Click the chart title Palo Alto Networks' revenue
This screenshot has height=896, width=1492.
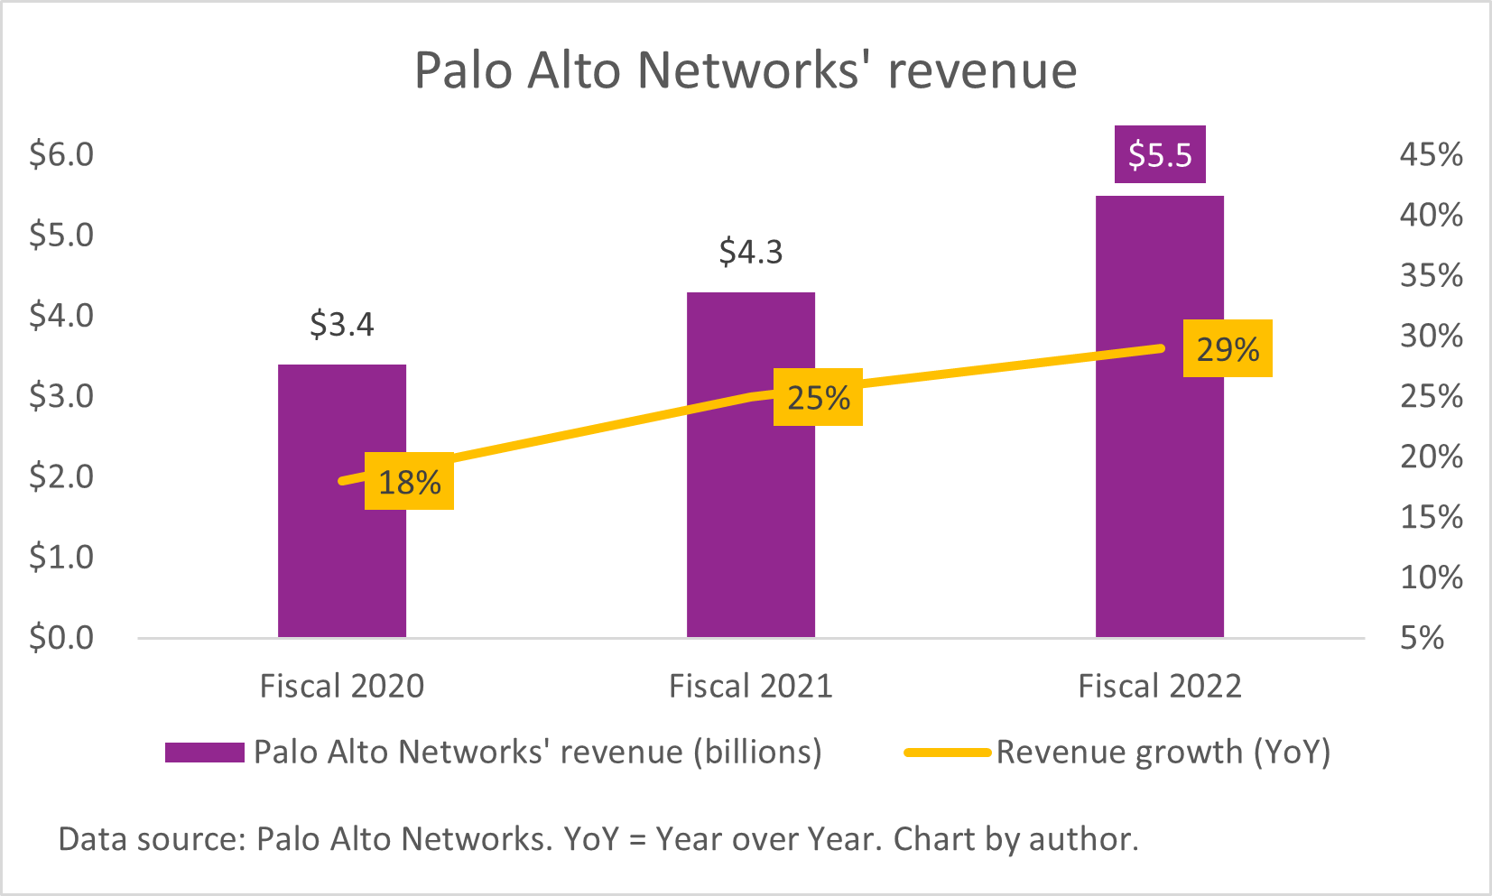[746, 70]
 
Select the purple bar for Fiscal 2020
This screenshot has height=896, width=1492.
[341, 559]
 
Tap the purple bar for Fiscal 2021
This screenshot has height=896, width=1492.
[750, 523]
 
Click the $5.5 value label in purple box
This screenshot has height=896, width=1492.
[1160, 155]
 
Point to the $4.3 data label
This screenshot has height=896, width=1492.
[750, 252]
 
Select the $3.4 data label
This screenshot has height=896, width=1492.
[341, 324]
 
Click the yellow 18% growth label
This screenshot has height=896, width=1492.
[409, 483]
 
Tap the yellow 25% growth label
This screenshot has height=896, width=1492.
[818, 398]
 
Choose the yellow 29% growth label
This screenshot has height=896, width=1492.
[1227, 349]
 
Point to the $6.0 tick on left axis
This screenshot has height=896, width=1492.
[61, 154]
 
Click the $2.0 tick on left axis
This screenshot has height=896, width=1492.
[61, 476]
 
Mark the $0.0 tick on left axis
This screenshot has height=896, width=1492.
[61, 638]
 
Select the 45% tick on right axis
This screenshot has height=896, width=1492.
[1431, 154]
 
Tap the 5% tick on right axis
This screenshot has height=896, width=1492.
[1422, 638]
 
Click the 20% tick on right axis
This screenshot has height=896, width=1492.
[1431, 457]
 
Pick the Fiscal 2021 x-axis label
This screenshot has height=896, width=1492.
[750, 687]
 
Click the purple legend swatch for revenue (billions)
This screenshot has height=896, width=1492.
[205, 753]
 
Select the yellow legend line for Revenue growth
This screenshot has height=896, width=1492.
[948, 753]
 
